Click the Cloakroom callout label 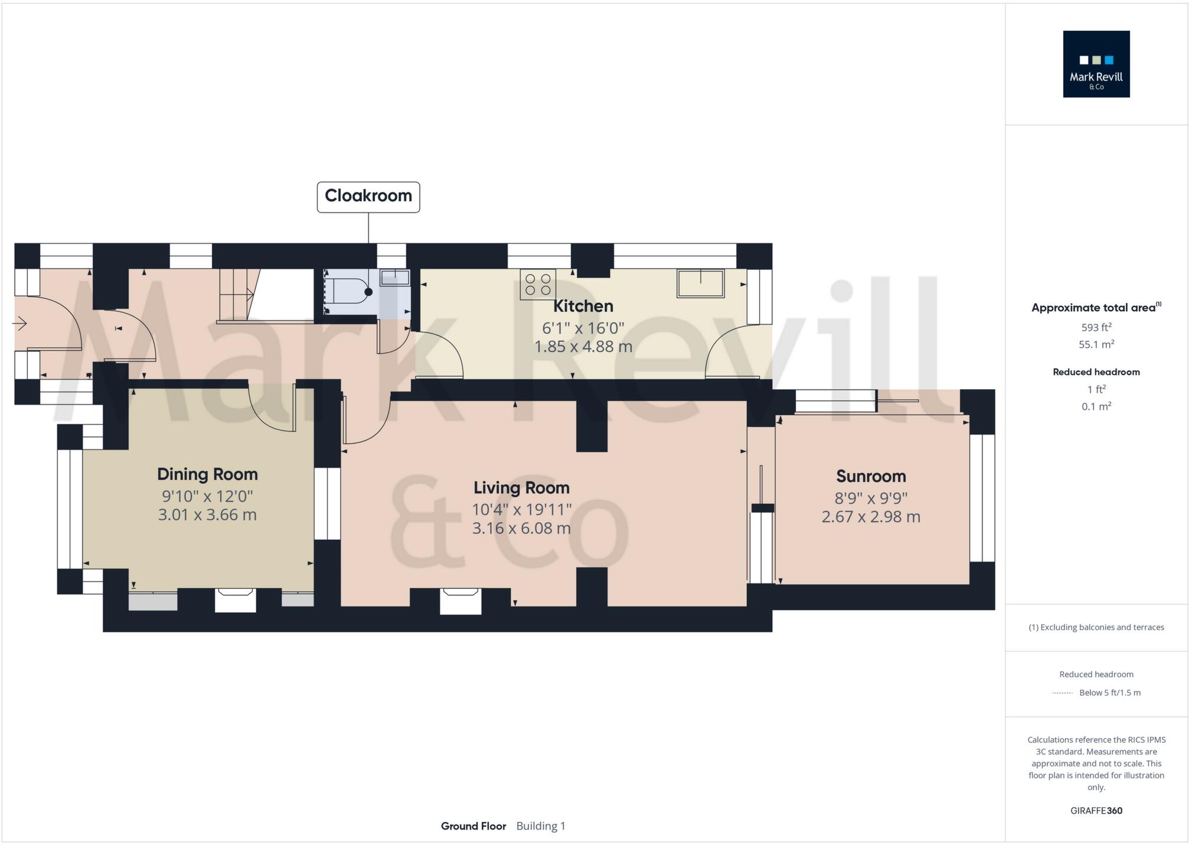(368, 197)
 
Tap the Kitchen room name (583, 306)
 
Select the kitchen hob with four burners (538, 284)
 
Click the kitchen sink (701, 283)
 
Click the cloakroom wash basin (395, 278)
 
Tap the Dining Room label (207, 475)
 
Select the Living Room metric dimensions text (521, 528)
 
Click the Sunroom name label (871, 477)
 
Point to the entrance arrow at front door (19, 324)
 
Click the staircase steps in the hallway (235, 294)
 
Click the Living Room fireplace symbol (461, 601)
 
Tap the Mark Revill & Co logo (1096, 64)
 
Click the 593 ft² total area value (1096, 327)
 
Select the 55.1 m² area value (1096, 344)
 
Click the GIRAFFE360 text (1096, 811)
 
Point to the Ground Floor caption (473, 826)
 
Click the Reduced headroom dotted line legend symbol (1062, 693)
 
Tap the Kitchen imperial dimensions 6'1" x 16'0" (583, 328)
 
